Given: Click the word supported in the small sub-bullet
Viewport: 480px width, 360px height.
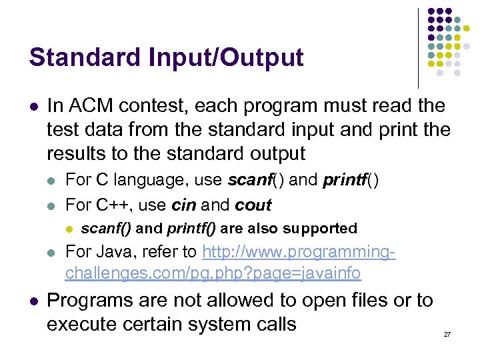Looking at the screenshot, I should click(x=320, y=229).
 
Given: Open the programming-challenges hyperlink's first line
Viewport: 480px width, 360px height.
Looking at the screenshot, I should click(x=299, y=252).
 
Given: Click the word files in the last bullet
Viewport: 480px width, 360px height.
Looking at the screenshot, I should click(x=365, y=301).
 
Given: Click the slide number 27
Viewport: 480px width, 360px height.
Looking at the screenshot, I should click(x=447, y=333).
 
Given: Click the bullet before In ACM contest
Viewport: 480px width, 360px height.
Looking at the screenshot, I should click(x=33, y=107).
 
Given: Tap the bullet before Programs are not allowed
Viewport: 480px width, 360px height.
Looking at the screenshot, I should click(x=33, y=301).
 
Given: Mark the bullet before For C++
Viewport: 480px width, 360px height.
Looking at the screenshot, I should click(x=53, y=205).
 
